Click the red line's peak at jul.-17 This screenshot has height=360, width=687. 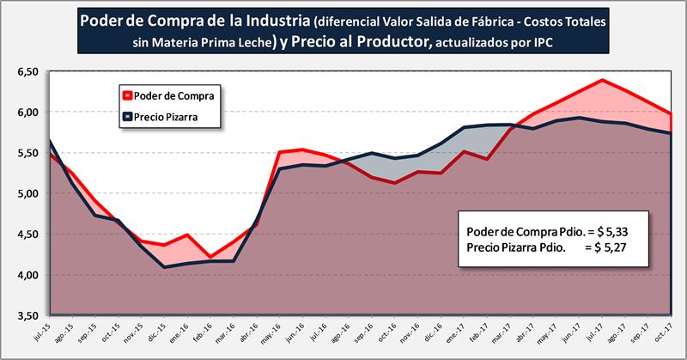click(603, 80)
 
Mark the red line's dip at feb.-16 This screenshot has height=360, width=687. click(210, 256)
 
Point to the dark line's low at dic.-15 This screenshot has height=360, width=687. click(164, 267)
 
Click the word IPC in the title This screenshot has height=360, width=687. click(529, 41)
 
